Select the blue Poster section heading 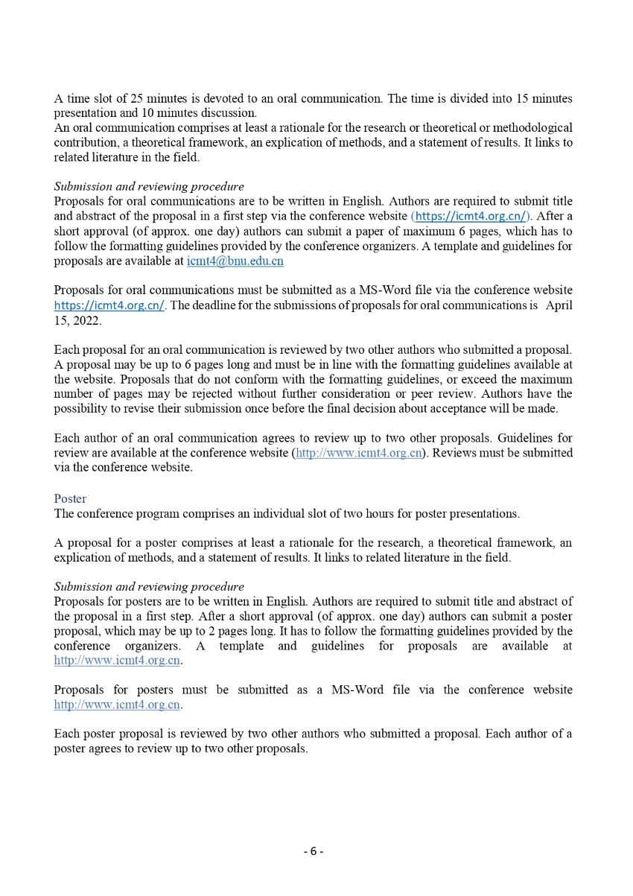70,498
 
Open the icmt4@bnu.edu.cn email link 235,261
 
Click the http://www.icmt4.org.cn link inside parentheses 359,453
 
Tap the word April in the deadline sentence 559,305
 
